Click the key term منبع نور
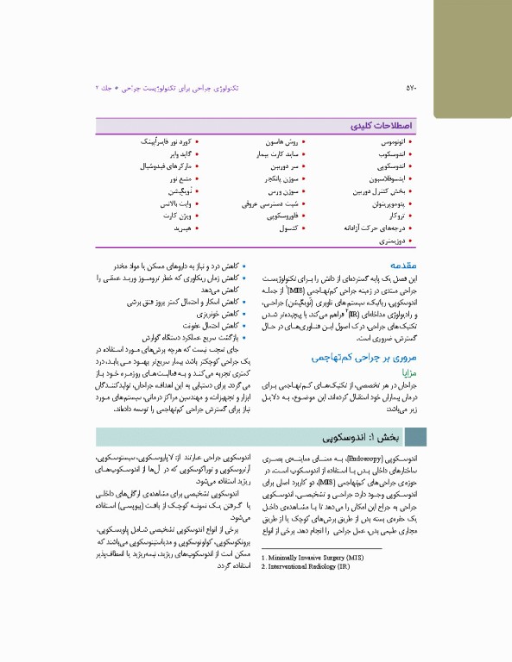(177, 178)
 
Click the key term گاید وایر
(174, 153)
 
